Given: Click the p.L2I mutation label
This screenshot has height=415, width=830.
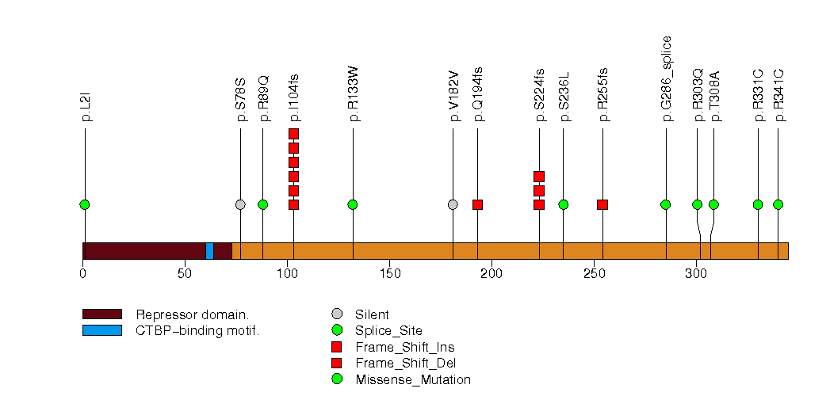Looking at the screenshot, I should click(86, 106).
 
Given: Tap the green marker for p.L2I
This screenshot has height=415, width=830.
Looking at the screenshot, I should click(85, 204).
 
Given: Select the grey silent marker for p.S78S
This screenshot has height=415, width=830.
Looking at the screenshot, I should click(240, 204).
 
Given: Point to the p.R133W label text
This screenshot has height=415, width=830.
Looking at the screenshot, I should click(354, 97).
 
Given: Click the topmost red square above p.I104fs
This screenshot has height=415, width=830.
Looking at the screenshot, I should click(293, 134).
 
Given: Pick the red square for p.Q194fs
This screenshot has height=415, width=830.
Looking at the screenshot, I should click(477, 204).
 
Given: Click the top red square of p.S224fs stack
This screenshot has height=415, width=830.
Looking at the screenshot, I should click(539, 177).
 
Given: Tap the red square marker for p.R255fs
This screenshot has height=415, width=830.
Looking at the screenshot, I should click(602, 204).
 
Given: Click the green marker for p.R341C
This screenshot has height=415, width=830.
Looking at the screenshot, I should click(778, 204).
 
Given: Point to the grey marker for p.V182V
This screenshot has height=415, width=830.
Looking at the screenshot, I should click(453, 204).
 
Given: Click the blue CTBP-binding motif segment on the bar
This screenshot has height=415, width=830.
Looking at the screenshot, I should click(209, 250).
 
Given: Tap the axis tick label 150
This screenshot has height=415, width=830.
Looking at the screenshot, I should click(389, 274).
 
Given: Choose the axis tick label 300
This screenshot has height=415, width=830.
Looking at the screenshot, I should click(696, 274).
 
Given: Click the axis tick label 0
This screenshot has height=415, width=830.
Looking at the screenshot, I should click(82, 274).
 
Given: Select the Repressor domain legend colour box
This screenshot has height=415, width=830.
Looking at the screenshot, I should click(101, 314).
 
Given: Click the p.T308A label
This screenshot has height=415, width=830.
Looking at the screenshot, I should click(714, 100).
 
